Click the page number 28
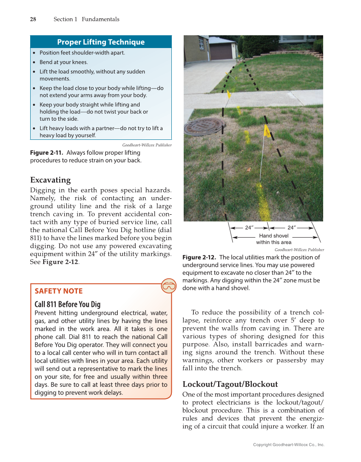point(33,19)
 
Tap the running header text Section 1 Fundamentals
point(86,19)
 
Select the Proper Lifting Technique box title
point(101,42)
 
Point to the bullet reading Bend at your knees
point(63,62)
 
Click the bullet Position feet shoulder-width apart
point(82,53)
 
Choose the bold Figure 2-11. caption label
point(47,153)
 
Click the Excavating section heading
point(50,180)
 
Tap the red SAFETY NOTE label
point(59,291)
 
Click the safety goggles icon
point(169,286)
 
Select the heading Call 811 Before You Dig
point(67,304)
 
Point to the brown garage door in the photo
point(221,51)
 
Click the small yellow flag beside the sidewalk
point(228,93)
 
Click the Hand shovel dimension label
point(273,236)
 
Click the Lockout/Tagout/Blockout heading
point(230,384)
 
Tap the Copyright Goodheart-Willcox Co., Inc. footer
point(288,445)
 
